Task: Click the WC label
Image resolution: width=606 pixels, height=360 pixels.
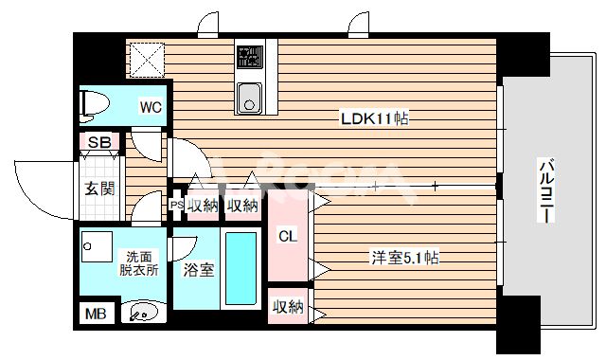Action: click(151, 107)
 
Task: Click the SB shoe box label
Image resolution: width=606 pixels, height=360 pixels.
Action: click(99, 143)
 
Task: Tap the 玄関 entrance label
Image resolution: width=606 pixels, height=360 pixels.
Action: click(100, 189)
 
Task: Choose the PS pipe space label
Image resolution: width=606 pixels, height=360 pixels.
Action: click(176, 204)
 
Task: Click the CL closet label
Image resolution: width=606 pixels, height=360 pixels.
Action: click(288, 236)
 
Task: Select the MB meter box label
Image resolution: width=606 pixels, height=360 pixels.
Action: click(96, 314)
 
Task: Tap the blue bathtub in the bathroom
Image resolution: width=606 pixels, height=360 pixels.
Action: click(241, 267)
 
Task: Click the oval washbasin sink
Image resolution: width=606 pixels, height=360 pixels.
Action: click(144, 311)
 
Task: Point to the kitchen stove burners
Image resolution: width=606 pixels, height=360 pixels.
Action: click(249, 58)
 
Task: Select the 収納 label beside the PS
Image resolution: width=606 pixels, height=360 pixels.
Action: click(202, 205)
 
